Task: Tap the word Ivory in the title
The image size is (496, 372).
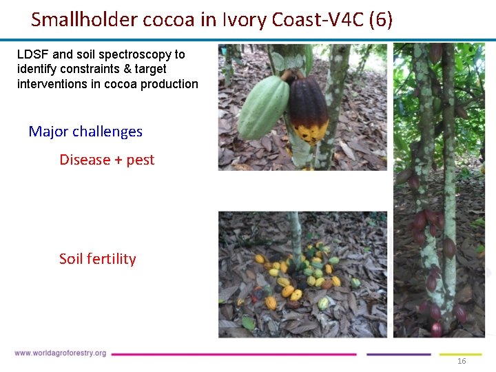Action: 242,19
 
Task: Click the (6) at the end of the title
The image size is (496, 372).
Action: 381,19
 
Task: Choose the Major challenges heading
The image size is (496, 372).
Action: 85,132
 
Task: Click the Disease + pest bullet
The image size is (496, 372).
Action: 107,160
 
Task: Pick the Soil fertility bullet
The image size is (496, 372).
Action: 98,259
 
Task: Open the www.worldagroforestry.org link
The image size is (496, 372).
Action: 61,353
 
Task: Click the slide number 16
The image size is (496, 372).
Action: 462,362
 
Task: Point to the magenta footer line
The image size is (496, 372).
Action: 234,354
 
